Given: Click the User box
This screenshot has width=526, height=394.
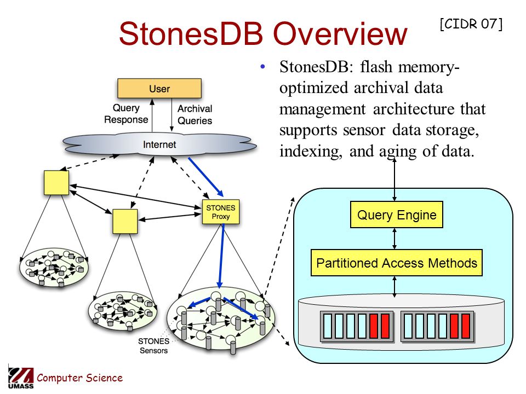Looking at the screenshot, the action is [159, 89].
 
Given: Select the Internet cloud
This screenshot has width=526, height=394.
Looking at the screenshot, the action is [159, 144].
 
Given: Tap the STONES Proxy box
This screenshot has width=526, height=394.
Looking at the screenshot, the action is [221, 212].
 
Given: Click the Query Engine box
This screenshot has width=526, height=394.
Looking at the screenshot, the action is [397, 215].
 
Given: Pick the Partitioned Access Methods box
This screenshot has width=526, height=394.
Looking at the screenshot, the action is [397, 263].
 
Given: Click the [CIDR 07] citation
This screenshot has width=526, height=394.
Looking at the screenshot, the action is [471, 24].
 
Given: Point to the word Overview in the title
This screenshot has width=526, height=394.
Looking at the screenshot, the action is [340, 33].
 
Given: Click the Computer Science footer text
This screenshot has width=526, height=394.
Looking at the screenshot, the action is [79, 378].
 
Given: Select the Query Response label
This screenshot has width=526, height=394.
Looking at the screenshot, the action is [126, 114].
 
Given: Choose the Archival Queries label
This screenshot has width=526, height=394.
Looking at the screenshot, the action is [195, 114].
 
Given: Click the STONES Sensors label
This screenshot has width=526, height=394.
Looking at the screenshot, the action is [153, 346].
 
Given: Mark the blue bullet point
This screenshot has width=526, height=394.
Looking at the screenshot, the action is [262, 66].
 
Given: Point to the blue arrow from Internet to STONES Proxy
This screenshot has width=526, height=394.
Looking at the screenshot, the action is [205, 177].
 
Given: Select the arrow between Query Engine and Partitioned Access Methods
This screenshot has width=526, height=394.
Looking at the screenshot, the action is [395, 239].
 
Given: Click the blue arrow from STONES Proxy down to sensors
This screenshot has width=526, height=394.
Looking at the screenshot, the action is [221, 256].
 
